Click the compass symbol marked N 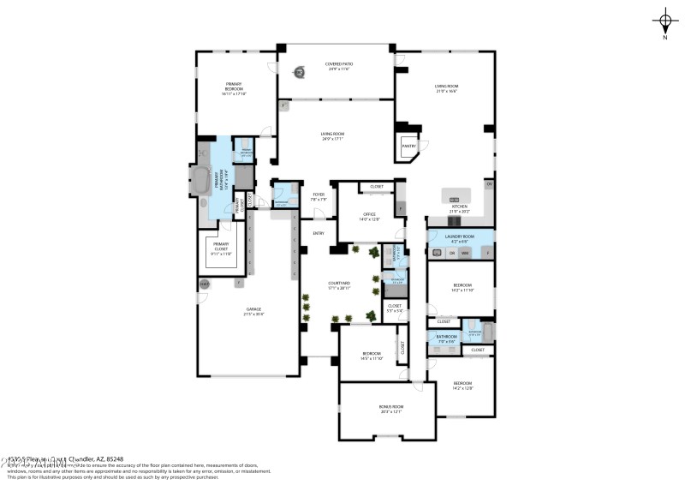pyautogui.click(x=664, y=21)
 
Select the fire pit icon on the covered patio pyautogui.click(x=301, y=73)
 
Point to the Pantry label pyautogui.click(x=408, y=146)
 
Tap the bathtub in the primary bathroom pyautogui.click(x=201, y=181)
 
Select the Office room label pyautogui.click(x=369, y=216)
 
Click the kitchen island pyautogui.click(x=454, y=195)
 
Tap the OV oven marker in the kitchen pyautogui.click(x=489, y=184)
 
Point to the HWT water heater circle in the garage pyautogui.click(x=205, y=284)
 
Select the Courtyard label pyautogui.click(x=338, y=284)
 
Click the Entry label pyautogui.click(x=318, y=233)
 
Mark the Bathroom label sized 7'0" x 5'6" pyautogui.click(x=447, y=338)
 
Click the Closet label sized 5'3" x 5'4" pyautogui.click(x=395, y=307)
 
